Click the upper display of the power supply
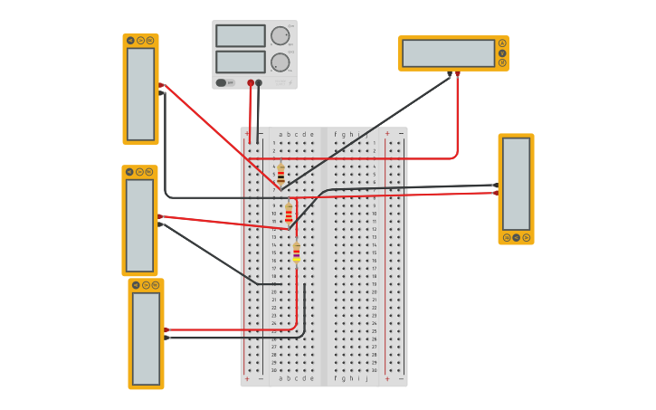pyautogui.click(x=240, y=36)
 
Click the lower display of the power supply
pyautogui.click(x=240, y=62)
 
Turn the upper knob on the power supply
pyautogui.click(x=280, y=36)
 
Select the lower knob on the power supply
pyautogui.click(x=280, y=62)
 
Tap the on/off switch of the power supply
pyautogui.click(x=221, y=82)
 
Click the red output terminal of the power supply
pyautogui.click(x=251, y=82)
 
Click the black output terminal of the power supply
pyautogui.click(x=259, y=82)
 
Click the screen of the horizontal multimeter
pyautogui.click(x=448, y=53)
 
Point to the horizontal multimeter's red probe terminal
pyautogui.click(x=457, y=73)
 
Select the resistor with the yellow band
pyautogui.click(x=296, y=252)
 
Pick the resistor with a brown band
pyautogui.click(x=280, y=174)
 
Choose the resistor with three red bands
pyautogui.click(x=289, y=214)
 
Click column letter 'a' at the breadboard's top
pyautogui.click(x=280, y=134)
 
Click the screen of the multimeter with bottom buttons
pyautogui.click(x=516, y=184)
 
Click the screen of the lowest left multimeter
pyautogui.click(x=146, y=338)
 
